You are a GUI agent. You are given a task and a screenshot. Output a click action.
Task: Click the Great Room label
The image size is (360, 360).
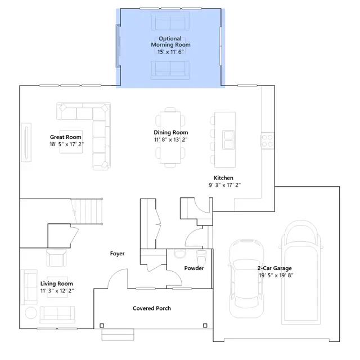[66, 137]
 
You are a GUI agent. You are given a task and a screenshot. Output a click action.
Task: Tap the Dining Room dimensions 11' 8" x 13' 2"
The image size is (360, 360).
[171, 139]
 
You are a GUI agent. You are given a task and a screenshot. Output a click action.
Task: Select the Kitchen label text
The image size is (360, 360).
[223, 178]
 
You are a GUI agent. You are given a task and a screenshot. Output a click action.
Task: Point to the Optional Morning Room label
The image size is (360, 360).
[170, 42]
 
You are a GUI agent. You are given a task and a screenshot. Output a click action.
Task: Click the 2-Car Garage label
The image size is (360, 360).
[274, 268]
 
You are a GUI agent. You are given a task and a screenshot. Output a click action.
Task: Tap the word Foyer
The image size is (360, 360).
[118, 254]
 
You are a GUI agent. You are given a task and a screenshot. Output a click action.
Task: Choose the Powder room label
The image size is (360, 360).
[194, 268]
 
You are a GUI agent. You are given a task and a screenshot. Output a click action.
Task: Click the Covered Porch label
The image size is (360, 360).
[152, 308]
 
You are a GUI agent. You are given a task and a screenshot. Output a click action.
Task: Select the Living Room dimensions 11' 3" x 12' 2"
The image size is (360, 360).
[57, 291]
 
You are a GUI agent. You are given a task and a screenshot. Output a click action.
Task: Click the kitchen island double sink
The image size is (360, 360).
[228, 139]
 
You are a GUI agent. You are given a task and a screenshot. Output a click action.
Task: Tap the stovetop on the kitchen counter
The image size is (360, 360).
[268, 141]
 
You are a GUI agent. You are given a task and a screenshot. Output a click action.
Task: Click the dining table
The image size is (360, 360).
[170, 137]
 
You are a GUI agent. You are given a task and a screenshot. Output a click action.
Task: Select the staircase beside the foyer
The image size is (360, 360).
[87, 211]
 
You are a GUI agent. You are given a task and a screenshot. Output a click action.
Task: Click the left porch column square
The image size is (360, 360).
[102, 325]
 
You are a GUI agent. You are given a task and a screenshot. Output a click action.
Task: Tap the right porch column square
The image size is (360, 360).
[205, 325]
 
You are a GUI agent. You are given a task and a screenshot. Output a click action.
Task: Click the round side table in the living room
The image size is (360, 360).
[31, 313]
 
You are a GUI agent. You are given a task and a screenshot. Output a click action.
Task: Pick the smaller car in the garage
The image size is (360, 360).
[246, 279]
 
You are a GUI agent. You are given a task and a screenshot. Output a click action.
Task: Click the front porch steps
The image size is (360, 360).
[118, 335]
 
